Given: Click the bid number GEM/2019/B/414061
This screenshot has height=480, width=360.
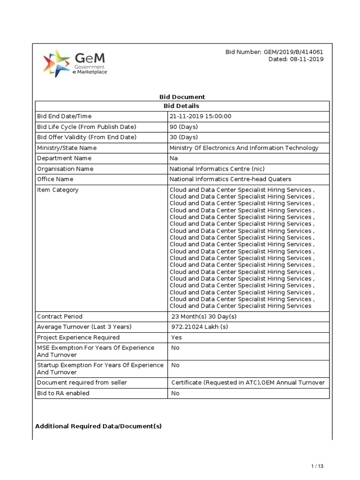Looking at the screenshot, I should (x=274, y=52).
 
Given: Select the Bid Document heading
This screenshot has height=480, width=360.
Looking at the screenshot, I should (x=182, y=97).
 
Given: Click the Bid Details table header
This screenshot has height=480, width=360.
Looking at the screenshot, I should (x=182, y=106).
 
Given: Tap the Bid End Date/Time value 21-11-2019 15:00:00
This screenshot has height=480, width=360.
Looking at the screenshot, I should (x=200, y=116).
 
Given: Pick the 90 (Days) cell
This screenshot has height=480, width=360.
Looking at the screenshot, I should (x=184, y=127).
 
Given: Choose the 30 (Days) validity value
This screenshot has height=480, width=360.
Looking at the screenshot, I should (x=184, y=137).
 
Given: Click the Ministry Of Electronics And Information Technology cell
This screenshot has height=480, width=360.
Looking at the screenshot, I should (x=244, y=148).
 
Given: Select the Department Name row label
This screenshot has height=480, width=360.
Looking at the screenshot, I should (x=64, y=158).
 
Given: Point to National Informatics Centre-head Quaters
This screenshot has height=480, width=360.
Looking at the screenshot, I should (x=230, y=179).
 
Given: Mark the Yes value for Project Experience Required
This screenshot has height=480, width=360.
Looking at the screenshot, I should (x=177, y=337).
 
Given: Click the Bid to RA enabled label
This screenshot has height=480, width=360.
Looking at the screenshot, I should (x=63, y=393).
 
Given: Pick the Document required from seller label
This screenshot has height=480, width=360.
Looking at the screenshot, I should (x=82, y=382).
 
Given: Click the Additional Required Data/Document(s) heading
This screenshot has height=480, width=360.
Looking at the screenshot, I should (x=98, y=426).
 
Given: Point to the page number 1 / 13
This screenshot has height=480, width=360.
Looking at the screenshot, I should (x=317, y=466).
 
